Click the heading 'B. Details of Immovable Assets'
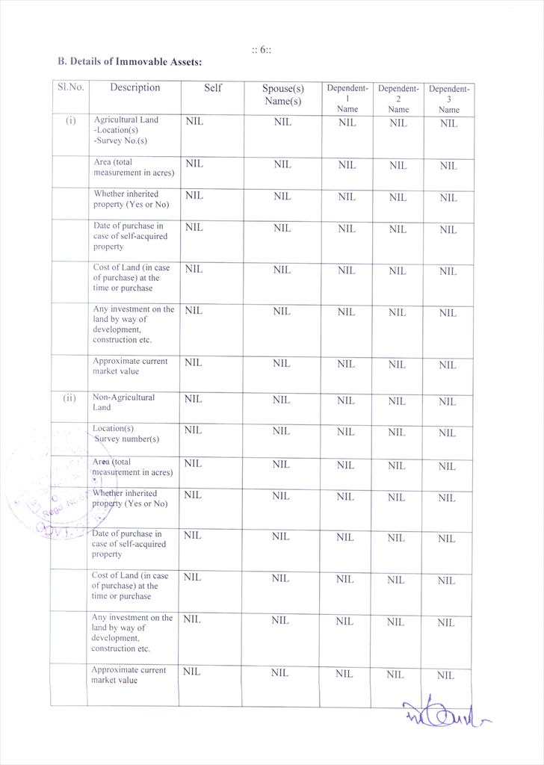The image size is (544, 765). point(129,62)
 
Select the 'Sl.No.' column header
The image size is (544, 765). point(70,87)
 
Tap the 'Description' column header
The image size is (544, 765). point(135,87)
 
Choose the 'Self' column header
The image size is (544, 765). point(213,88)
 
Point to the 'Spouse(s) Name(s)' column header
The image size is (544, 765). point(282,95)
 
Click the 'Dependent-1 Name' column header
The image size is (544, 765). point(347,98)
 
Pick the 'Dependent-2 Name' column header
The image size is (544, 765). point(398,98)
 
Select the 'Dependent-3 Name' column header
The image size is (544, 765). point(449,99)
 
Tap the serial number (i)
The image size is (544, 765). point(70,120)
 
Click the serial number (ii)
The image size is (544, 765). point(69,398)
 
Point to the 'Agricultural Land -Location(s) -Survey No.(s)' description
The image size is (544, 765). point(126,130)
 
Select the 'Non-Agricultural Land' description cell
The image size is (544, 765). point(123,402)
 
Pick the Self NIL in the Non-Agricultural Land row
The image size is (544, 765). point(193,400)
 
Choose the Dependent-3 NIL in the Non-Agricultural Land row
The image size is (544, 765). point(447,401)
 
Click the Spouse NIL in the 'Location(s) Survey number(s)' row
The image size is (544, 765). point(281,431)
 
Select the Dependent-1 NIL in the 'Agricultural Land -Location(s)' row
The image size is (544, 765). point(347,123)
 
